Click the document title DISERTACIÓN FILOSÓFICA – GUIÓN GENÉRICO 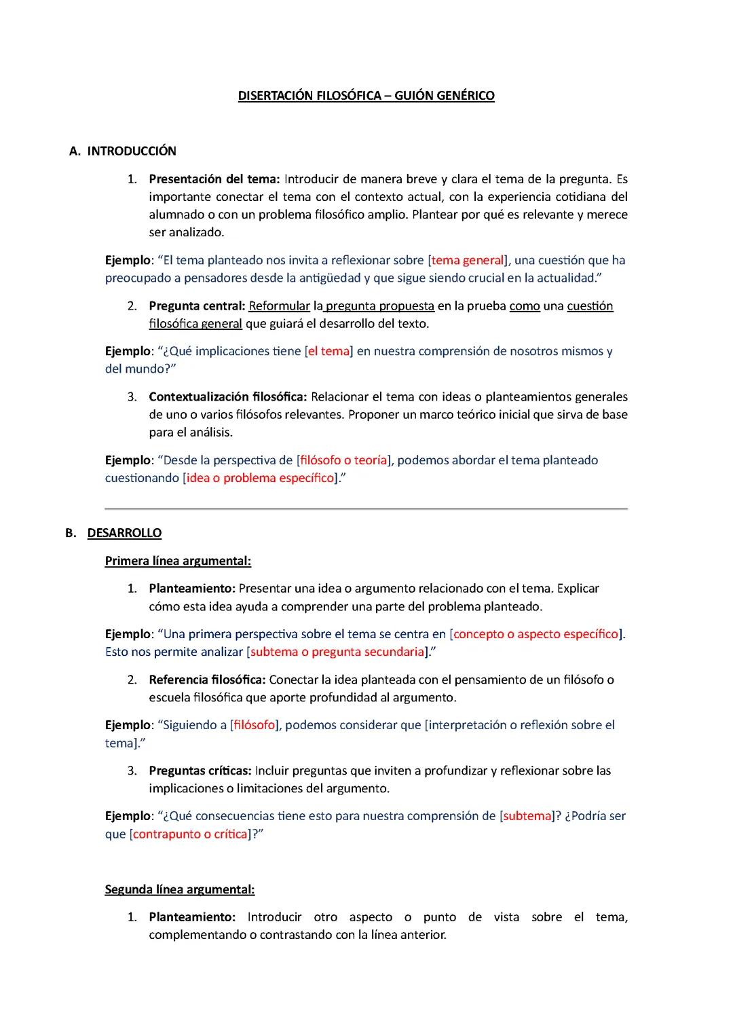pyautogui.click(x=366, y=96)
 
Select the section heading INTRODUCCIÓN pyautogui.click(x=132, y=151)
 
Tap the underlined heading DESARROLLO pyautogui.click(x=124, y=533)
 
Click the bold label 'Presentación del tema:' pyautogui.click(x=214, y=179)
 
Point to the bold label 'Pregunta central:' pyautogui.click(x=196, y=306)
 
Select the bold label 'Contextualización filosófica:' pyautogui.click(x=228, y=397)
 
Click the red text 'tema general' pyautogui.click(x=468, y=260)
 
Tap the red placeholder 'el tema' pyautogui.click(x=329, y=352)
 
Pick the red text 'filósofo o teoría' pyautogui.click(x=343, y=460)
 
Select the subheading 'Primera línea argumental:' pyautogui.click(x=178, y=561)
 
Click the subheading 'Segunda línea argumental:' pyautogui.click(x=180, y=889)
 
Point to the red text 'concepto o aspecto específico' pyautogui.click(x=536, y=634)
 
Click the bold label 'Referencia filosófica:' pyautogui.click(x=207, y=680)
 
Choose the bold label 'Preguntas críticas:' pyautogui.click(x=200, y=771)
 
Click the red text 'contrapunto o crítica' pyautogui.click(x=190, y=834)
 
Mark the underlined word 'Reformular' pyautogui.click(x=280, y=306)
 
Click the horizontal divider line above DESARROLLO pyautogui.click(x=366, y=508)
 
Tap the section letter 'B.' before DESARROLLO pyautogui.click(x=71, y=533)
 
